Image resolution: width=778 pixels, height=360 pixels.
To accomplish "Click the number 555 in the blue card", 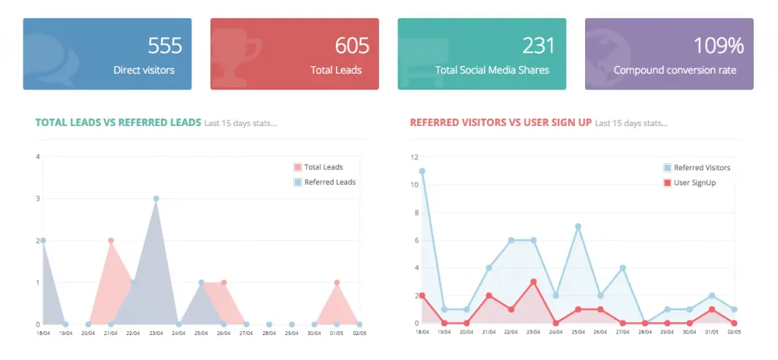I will coord(165,46).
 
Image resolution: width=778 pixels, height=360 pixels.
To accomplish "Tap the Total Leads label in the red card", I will coord(336,70).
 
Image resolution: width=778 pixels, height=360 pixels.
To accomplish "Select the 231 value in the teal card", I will coord(539,46).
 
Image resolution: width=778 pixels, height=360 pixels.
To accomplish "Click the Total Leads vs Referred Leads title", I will coord(119,122).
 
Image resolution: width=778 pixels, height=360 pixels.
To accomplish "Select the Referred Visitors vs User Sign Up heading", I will coord(501,122).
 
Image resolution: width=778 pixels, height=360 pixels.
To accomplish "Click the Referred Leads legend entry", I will coord(329,182).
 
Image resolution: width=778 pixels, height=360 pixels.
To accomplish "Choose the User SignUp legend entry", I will coord(694,182).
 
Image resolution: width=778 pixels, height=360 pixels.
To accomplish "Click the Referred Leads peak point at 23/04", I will coord(156,198).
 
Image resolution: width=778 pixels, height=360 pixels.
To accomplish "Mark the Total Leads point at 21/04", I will coord(111,241).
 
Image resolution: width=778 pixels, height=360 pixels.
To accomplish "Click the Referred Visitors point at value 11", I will coord(422,171).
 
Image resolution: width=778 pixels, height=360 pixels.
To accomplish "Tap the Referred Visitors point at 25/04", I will coord(578,226).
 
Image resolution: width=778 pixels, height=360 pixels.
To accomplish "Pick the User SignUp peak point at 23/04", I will coord(533,282).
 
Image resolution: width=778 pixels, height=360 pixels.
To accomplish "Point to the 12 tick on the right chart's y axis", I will coord(414,157).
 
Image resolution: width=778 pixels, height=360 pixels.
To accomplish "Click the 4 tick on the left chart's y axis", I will coord(37,157).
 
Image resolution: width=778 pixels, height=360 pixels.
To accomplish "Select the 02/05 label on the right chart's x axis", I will coord(734,332).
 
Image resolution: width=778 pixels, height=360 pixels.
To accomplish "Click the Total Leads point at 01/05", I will coord(337,283).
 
